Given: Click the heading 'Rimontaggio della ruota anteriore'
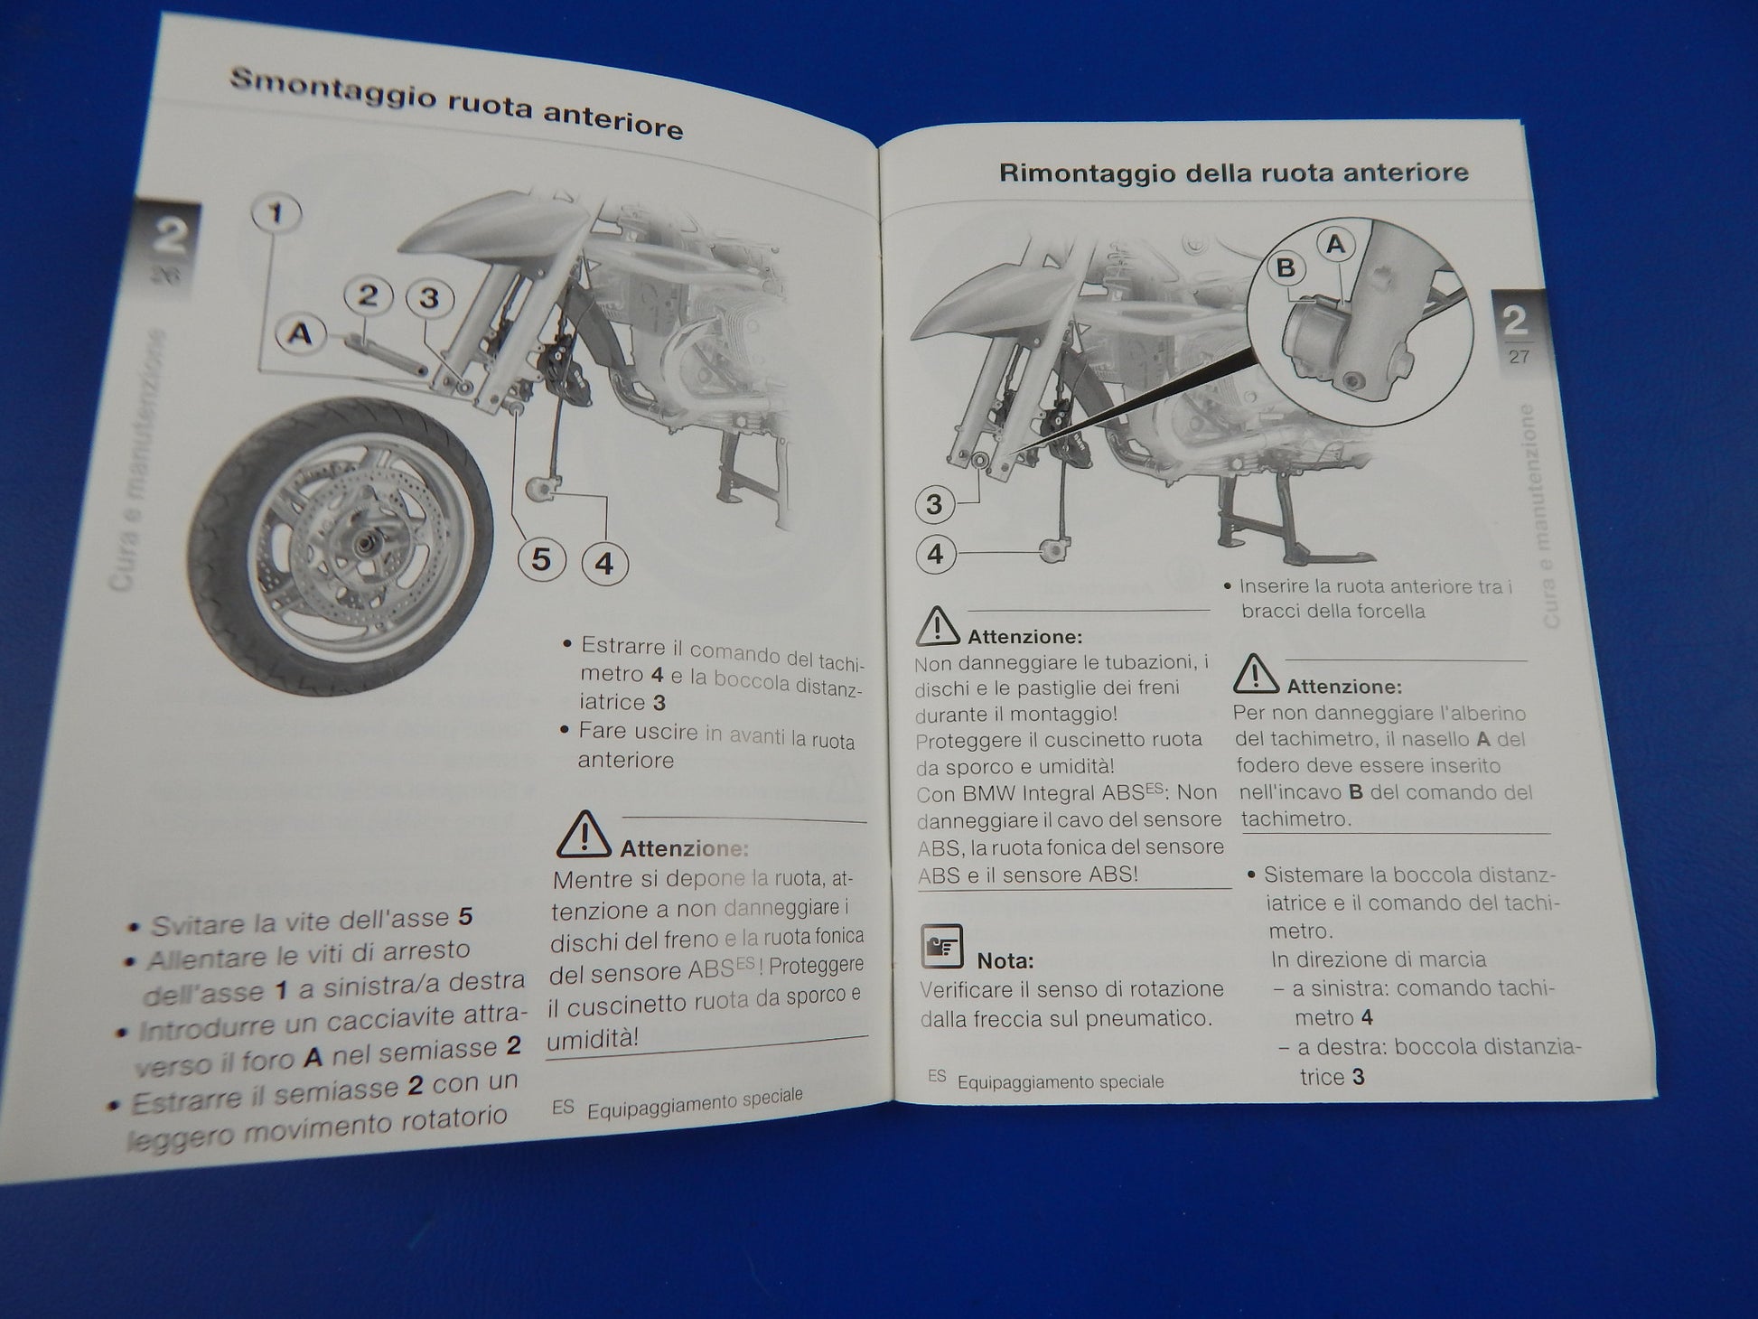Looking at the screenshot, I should point(1233,173).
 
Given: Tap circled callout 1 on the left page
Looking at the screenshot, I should point(276,214).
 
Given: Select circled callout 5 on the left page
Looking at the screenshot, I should point(541,560).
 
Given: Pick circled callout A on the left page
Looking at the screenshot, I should point(300,334).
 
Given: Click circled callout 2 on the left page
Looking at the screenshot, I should point(368,295).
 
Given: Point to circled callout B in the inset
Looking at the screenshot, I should point(1285,267).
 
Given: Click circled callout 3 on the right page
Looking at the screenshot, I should point(935,504).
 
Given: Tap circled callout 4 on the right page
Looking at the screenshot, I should point(936,554).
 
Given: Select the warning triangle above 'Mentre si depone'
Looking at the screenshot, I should point(583,835).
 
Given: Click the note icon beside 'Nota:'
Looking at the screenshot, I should point(942,947).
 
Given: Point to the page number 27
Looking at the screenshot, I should point(1519,357).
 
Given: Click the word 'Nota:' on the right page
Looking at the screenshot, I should point(1005,960).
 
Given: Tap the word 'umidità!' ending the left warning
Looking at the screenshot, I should point(592,1038).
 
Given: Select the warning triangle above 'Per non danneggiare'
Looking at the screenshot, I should point(1255,674).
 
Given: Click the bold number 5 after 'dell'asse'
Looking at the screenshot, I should point(465,917).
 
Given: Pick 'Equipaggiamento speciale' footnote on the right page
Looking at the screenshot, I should point(1060,1081).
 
